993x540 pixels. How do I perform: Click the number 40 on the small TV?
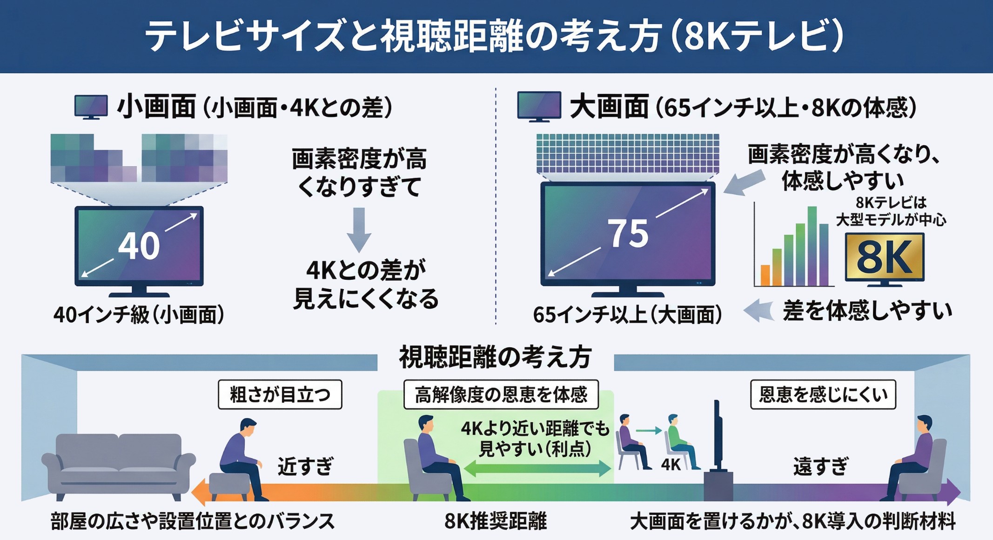[x=139, y=245]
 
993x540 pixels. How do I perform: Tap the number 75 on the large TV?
[x=628, y=234]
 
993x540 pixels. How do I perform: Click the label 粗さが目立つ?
[x=280, y=395]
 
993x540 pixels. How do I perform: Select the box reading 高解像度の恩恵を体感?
[x=501, y=395]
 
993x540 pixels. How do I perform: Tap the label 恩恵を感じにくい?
[x=823, y=395]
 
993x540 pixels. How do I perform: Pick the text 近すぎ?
[x=305, y=466]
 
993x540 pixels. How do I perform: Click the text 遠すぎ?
[x=820, y=466]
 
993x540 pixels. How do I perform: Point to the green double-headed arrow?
[x=537, y=468]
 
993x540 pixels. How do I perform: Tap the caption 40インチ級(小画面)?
[x=139, y=315]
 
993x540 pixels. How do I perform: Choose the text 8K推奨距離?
[x=496, y=521]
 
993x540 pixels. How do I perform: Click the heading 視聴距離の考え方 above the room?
[x=495, y=358]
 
